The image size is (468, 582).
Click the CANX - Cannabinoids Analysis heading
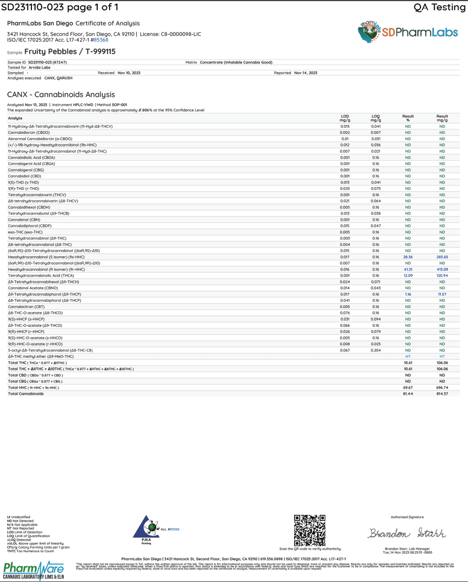pos(61,95)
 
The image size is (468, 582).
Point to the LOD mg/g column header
pos(345,118)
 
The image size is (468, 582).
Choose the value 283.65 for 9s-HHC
pos(442,257)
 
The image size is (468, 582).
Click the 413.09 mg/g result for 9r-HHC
pos(442,269)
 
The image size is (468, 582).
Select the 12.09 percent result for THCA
pos(408,276)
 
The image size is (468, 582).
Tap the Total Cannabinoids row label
pos(26,393)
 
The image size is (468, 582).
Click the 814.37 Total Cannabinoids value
pos(442,393)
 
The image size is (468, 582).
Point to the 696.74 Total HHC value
pos(442,387)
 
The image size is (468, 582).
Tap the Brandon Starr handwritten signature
pos(407,533)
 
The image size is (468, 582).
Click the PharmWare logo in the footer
pos(33,569)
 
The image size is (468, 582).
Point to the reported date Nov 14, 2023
pos(306,73)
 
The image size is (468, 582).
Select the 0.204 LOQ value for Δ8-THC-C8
pos(376,350)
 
